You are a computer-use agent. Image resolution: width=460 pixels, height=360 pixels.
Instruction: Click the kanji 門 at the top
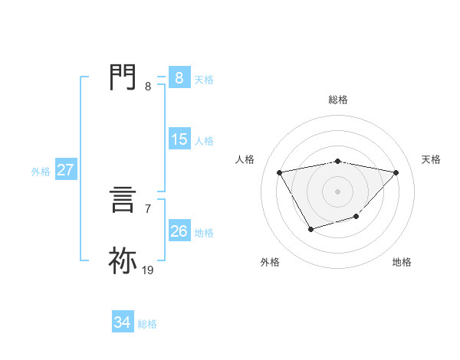123,77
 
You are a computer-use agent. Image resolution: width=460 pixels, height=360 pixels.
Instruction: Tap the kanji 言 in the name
123,202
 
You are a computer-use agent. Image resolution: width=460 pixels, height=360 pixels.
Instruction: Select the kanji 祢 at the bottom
123,260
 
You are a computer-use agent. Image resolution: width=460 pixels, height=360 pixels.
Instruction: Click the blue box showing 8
179,77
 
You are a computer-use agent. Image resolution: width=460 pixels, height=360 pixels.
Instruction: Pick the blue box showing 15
179,139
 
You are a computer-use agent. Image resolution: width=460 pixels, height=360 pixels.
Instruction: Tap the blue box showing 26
179,231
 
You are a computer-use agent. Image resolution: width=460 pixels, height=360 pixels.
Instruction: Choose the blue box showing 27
65,170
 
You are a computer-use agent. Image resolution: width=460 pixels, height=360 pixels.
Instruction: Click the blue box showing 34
122,323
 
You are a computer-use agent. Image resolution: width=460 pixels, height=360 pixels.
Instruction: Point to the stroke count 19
148,270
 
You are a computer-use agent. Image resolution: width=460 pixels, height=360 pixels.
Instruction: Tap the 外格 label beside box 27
41,172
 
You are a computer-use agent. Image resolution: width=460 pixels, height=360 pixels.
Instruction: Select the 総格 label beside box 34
147,324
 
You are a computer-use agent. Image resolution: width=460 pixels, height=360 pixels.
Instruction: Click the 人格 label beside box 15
204,141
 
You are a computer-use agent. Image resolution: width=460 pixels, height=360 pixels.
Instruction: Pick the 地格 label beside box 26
204,233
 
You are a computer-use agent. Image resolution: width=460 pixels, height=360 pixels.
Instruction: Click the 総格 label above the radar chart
337,100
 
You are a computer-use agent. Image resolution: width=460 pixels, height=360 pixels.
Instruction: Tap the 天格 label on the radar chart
431,159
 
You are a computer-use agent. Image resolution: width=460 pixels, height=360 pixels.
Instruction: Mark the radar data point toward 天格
396,172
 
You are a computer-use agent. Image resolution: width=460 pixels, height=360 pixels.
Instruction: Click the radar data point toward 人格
279,172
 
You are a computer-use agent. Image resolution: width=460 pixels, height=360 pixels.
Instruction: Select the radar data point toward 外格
310,228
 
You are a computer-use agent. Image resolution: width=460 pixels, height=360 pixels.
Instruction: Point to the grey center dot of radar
337,191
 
